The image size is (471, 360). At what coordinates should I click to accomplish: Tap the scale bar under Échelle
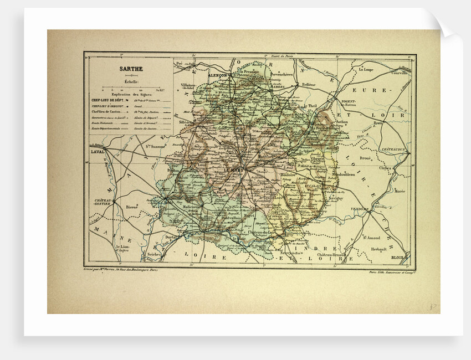[129, 86]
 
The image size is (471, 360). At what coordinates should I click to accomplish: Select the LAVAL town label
[98, 150]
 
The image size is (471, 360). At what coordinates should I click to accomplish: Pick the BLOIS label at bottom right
[397, 258]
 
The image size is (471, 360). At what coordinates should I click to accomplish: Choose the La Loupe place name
[366, 70]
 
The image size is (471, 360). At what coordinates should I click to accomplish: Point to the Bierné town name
[131, 205]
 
